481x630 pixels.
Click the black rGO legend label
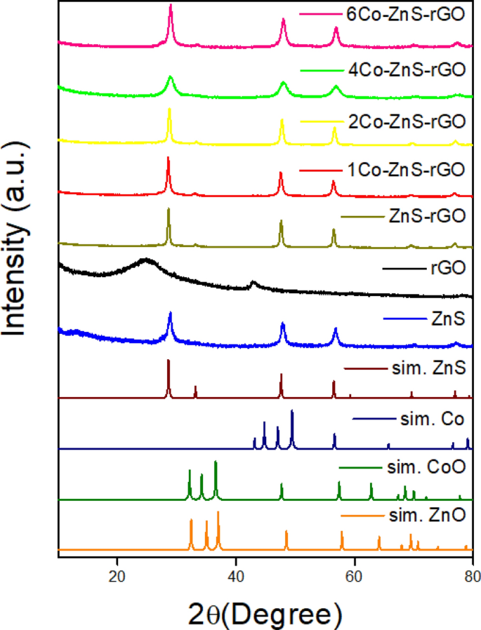click(447, 267)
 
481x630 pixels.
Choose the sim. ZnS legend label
click(427, 368)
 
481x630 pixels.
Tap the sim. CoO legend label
click(426, 467)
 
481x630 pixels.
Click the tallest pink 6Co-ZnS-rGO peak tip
click(171, 5)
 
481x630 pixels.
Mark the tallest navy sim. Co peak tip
click(291, 411)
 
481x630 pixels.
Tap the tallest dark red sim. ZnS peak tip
click(168, 361)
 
